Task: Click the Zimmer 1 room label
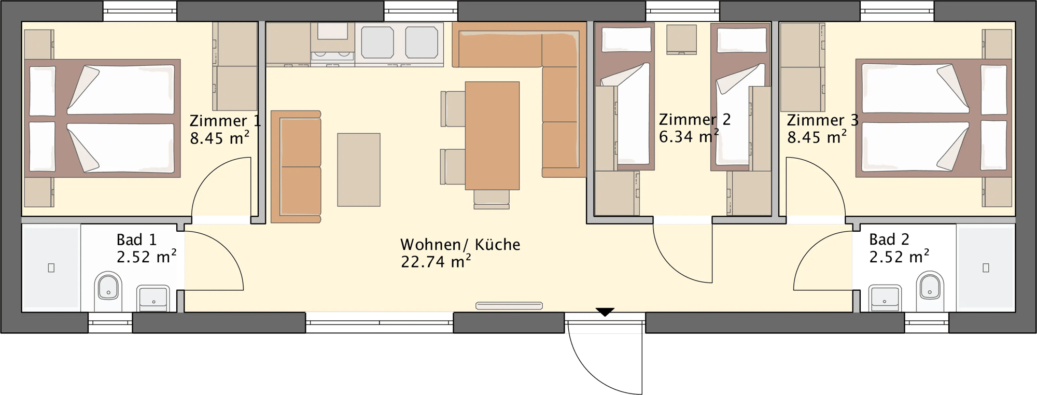click(225, 121)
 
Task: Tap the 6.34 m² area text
click(689, 136)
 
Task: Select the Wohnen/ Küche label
click(460, 244)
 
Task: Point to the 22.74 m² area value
click(436, 261)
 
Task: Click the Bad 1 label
click(136, 239)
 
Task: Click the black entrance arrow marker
click(605, 312)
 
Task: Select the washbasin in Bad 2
click(885, 298)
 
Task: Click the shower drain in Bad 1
click(51, 268)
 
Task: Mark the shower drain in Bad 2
click(986, 267)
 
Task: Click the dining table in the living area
click(492, 136)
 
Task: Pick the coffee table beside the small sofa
click(359, 170)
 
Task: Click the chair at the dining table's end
click(492, 199)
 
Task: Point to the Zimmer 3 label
click(822, 120)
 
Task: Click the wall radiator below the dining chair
click(509, 306)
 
